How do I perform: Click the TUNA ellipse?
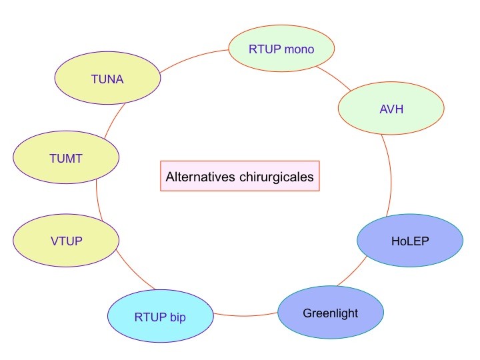(107, 79)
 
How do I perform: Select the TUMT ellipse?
(66, 157)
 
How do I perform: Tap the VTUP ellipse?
(66, 240)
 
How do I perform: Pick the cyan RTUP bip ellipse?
(160, 316)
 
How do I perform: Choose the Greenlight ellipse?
(331, 313)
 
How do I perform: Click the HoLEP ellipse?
(409, 240)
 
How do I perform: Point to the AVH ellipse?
(391, 109)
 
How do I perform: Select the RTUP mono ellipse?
(281, 49)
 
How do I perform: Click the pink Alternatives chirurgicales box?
(240, 177)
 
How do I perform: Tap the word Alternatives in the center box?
(201, 177)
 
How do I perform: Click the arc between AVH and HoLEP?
(388, 173)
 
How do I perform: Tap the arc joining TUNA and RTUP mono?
(193, 57)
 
